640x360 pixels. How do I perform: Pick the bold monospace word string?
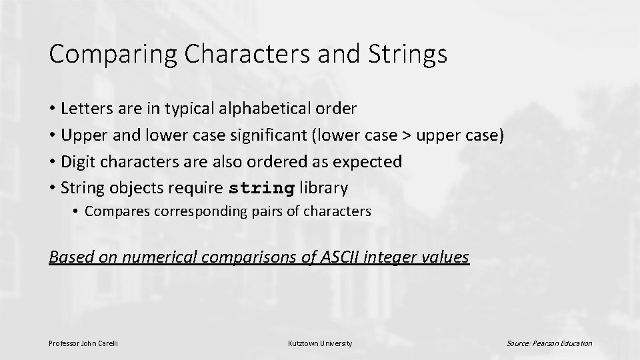tap(261, 189)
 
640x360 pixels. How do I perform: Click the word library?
tap(324, 189)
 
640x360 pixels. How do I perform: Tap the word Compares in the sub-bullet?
tap(115, 212)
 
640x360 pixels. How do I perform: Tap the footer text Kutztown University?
tap(320, 343)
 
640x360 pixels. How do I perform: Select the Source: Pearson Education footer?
tap(549, 343)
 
